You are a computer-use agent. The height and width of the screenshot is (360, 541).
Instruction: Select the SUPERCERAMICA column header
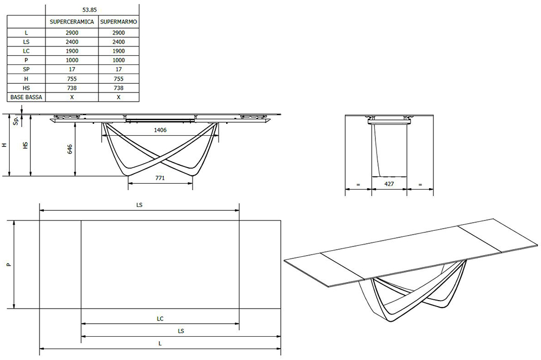[72, 22]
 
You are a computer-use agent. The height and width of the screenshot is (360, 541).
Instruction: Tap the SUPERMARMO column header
[118, 22]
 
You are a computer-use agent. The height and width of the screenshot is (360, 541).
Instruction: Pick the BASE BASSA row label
[26, 97]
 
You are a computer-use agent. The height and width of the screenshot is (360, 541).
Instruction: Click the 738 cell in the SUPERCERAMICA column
[72, 88]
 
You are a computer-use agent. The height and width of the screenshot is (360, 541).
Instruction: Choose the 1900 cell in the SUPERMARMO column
[118, 51]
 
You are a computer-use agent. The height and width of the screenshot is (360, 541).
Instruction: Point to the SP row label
[26, 69]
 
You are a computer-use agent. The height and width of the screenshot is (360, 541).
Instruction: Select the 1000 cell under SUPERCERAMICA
[72, 60]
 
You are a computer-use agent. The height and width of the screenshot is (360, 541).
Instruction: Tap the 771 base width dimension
[160, 177]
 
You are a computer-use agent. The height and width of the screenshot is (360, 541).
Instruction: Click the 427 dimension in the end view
[388, 184]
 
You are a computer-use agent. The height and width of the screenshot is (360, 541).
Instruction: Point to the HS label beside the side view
[25, 146]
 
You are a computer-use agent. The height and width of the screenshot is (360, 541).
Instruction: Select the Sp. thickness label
[16, 121]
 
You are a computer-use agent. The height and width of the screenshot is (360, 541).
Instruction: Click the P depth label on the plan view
[8, 265]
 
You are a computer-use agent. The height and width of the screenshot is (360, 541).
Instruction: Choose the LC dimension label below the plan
[160, 318]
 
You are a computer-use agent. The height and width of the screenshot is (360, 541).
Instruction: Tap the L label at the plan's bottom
[160, 343]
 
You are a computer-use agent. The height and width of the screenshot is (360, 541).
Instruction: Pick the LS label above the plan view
[139, 205]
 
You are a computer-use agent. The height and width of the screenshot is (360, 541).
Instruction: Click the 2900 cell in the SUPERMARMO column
[118, 32]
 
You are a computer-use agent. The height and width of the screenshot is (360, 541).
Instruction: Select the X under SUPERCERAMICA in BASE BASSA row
[72, 97]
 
